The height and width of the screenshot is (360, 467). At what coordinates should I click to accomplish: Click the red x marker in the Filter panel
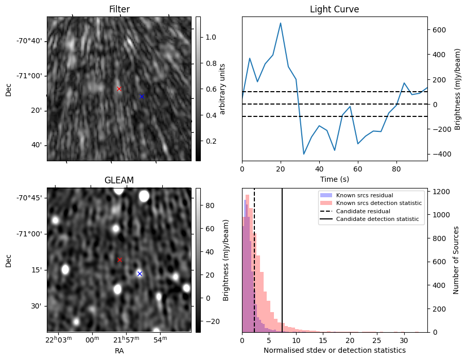(x=119, y=89)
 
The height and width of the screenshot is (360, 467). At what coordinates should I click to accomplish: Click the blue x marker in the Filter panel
(x=142, y=96)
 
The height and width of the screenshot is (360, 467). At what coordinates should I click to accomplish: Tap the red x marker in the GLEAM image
(x=119, y=260)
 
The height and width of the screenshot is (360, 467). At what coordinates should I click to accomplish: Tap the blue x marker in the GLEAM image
(x=140, y=273)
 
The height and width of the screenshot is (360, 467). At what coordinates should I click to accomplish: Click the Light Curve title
(x=334, y=9)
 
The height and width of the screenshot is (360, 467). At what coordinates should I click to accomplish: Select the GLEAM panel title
(x=119, y=180)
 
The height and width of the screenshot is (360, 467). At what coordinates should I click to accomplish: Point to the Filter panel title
(x=119, y=9)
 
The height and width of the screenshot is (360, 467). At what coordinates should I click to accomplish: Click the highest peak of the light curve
(x=281, y=23)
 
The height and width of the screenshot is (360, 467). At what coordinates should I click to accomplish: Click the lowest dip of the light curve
(x=304, y=154)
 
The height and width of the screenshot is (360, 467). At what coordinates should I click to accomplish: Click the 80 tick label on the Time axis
(x=396, y=169)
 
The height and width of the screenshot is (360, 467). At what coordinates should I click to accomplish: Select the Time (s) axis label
(x=334, y=179)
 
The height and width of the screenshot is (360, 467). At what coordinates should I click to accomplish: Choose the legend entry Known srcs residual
(x=365, y=195)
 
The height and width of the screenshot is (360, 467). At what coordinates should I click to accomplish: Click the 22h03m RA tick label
(x=61, y=340)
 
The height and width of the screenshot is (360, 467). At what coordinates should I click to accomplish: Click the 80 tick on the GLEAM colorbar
(x=207, y=205)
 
